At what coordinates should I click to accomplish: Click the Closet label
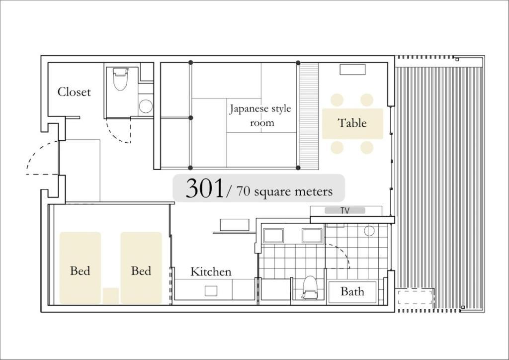74,92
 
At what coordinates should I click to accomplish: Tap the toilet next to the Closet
120,79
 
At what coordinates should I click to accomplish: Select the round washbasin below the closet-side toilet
146,106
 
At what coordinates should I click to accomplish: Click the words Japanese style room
260,115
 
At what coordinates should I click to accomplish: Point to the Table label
352,123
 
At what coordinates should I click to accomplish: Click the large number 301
205,188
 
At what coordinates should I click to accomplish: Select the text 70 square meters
284,191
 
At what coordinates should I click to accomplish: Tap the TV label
345,211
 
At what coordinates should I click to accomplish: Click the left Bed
80,268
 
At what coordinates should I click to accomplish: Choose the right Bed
141,268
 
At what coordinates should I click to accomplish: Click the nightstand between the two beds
111,296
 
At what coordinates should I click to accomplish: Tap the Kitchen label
211,271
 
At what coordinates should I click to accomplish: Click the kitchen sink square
211,291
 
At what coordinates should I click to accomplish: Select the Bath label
352,291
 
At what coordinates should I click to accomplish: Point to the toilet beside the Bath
310,287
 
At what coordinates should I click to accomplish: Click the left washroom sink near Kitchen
273,236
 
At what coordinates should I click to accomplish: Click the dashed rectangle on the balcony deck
416,297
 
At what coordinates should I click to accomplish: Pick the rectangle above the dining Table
352,70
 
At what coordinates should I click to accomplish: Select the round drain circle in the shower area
369,231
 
